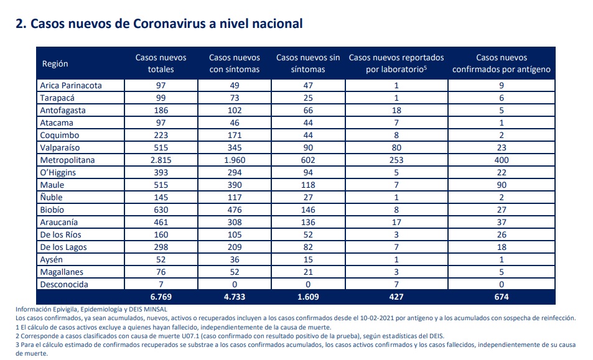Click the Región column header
click(55, 63)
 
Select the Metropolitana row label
click(67, 160)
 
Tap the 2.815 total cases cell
click(161, 160)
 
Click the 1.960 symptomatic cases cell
click(235, 160)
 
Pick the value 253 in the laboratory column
click(396, 160)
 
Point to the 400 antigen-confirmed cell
click(502, 160)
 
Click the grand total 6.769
click(161, 297)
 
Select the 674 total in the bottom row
click(502, 297)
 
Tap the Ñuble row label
click(52, 197)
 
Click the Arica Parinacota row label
click(71, 85)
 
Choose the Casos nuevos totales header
click(161, 63)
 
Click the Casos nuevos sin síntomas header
click(308, 63)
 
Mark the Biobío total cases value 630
click(161, 210)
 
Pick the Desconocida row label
click(64, 284)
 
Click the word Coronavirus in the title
click(169, 24)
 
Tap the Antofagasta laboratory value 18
click(396, 110)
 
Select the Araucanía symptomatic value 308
click(235, 222)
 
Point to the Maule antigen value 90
click(502, 185)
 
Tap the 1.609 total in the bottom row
click(308, 297)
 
